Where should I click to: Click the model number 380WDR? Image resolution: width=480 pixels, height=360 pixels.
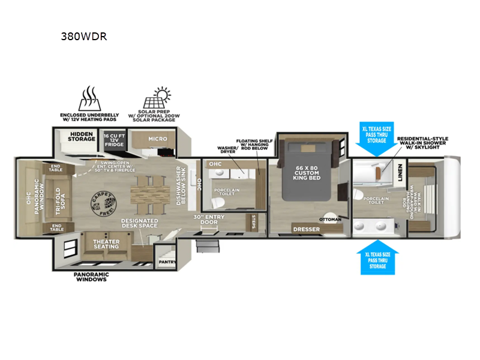[x=84, y=35]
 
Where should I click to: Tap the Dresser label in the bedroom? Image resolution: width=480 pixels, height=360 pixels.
[x=306, y=229]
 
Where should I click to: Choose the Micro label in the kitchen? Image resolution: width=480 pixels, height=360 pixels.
[x=158, y=139]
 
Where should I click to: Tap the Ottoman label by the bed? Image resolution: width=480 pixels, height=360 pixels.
[x=329, y=219]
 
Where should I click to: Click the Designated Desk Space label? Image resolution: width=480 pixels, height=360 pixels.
[x=139, y=223]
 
